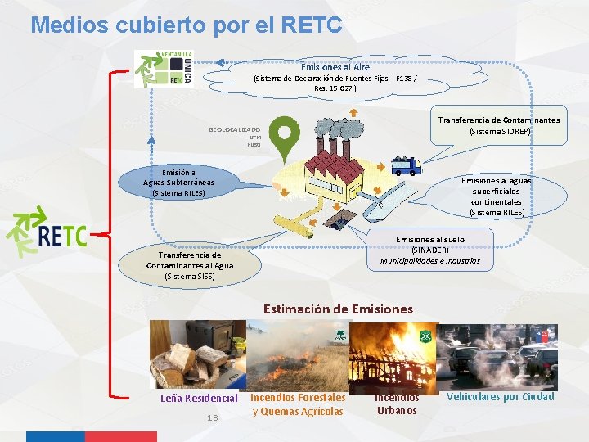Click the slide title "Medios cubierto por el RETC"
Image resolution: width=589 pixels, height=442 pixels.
(x=186, y=25)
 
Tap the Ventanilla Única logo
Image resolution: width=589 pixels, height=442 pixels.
(x=164, y=68)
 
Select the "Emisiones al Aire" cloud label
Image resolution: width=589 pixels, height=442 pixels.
(x=335, y=67)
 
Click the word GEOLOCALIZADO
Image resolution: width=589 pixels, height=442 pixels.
(x=234, y=130)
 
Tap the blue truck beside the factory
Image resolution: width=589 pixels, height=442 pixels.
(x=405, y=166)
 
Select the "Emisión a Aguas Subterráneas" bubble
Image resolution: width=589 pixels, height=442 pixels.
(x=178, y=183)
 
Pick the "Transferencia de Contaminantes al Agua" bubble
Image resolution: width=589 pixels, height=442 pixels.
(x=190, y=265)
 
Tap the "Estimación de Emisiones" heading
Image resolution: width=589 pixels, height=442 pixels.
(x=338, y=309)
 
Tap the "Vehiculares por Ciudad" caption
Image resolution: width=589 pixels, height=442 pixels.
(x=500, y=397)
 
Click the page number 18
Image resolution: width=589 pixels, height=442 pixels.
(x=212, y=418)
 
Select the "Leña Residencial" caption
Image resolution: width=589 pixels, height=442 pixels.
(x=198, y=399)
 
